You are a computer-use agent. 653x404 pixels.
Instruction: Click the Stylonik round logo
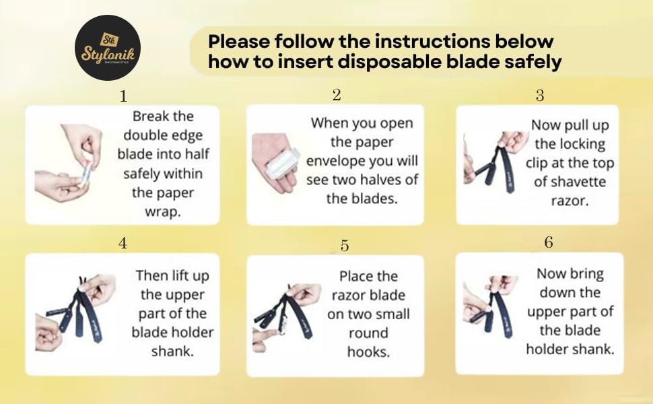(108, 48)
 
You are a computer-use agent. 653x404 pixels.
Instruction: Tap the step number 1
(123, 96)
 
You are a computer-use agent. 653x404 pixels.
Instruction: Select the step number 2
(337, 95)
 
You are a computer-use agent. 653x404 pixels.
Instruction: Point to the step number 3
(540, 96)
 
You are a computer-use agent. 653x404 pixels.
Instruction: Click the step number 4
(123, 242)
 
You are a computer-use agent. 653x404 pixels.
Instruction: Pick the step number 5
(345, 245)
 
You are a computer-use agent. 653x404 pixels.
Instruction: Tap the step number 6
(549, 242)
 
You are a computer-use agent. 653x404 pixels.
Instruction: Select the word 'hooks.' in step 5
(368, 352)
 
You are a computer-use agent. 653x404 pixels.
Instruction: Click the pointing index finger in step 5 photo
(266, 336)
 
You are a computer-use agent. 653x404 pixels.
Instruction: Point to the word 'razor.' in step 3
(570, 201)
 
